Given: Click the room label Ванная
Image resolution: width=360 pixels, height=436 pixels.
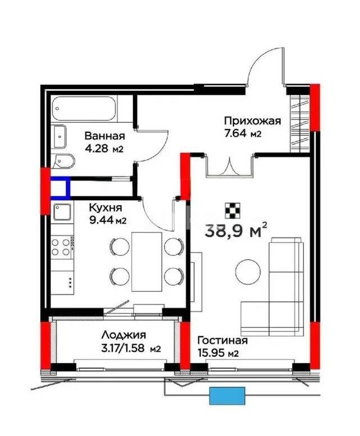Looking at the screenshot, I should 105,136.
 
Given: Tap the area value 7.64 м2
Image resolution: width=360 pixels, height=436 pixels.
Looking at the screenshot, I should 243,134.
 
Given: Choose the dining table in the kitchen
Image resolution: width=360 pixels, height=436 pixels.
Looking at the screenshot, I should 147,261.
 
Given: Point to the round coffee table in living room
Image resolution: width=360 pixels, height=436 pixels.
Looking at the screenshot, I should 248,272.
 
